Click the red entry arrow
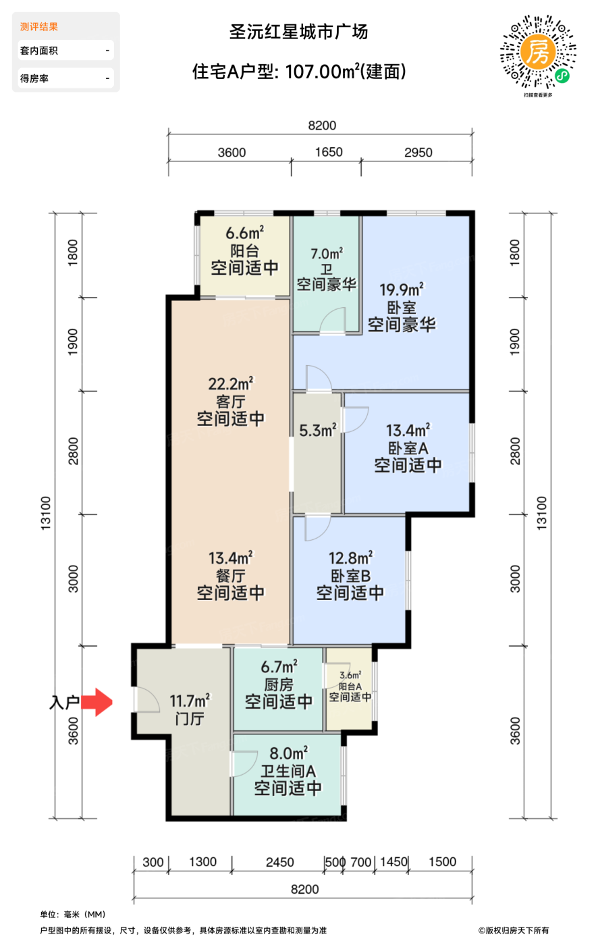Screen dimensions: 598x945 point(97,702)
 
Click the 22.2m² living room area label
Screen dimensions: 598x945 point(231,384)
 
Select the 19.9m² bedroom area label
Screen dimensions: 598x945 point(402,290)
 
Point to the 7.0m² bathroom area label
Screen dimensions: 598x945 point(327,254)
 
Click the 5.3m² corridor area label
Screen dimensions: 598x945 point(318,431)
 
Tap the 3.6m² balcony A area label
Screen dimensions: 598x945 point(350,676)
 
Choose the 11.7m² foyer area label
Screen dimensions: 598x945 point(190,701)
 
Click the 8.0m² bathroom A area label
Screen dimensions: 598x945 point(288,753)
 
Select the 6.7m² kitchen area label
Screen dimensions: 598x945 point(279,667)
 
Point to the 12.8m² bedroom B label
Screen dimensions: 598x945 point(350,558)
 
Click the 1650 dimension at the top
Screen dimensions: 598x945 point(329,152)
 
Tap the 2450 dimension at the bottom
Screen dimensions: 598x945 point(279,862)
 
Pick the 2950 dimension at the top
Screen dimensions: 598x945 point(418,153)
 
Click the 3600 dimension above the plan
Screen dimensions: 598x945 point(232,153)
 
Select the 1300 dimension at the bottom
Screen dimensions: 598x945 point(202,861)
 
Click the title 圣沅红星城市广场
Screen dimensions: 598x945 point(298,32)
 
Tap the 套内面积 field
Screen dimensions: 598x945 point(65,51)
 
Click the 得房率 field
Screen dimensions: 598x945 point(65,78)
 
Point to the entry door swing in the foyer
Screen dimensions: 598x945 point(146,699)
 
